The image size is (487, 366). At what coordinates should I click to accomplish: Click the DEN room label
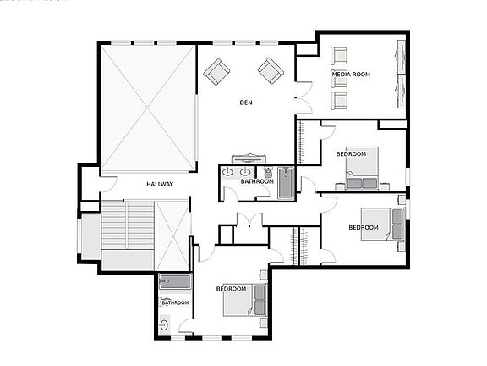point(246,103)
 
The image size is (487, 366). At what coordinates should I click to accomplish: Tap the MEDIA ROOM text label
point(351,75)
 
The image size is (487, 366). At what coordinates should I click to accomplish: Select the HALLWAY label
point(160,185)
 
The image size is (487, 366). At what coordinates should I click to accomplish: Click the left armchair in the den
point(216,72)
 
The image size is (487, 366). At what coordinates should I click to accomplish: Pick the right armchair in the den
point(271,70)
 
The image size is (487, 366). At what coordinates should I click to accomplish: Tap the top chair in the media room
point(340,56)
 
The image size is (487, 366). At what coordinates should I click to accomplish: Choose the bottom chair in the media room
point(340,100)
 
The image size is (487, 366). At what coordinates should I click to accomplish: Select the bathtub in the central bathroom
point(286,182)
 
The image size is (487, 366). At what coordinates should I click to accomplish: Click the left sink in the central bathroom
point(227,172)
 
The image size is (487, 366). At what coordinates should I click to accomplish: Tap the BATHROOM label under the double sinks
point(257,181)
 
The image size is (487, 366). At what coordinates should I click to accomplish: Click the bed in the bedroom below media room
point(362,170)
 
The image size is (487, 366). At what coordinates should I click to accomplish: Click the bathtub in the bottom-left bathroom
point(175,282)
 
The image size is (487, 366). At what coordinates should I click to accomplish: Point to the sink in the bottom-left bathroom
point(165,323)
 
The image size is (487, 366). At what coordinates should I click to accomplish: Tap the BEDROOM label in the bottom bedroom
point(231,289)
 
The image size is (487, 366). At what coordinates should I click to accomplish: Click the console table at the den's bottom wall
point(251,158)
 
